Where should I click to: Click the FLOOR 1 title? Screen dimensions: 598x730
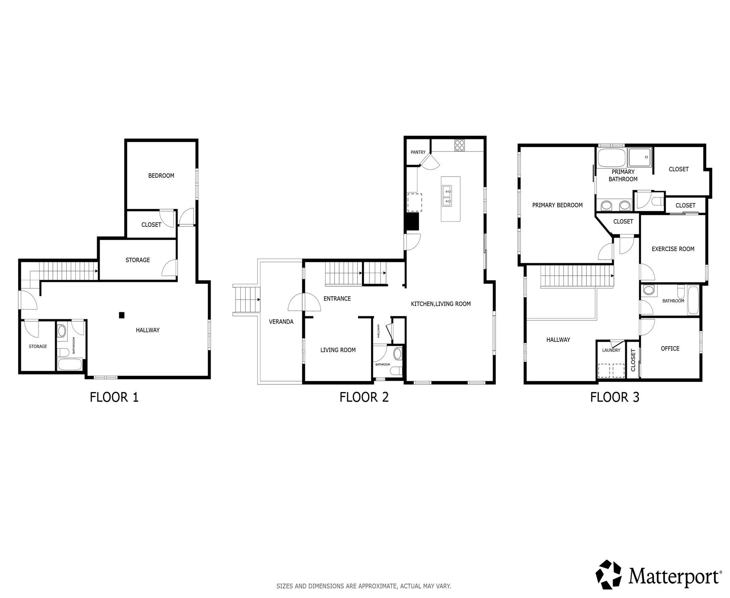(114, 397)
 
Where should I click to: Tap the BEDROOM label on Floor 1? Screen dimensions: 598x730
(161, 176)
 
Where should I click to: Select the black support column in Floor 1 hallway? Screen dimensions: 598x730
(122, 315)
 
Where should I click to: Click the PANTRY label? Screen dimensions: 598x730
(418, 152)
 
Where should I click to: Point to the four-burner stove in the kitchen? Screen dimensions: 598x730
(459, 145)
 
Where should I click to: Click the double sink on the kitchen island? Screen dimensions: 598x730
(447, 196)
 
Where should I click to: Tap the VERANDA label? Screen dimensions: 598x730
(281, 322)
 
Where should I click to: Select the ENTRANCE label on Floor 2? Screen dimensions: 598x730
(337, 299)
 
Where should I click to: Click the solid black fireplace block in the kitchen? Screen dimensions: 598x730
(412, 222)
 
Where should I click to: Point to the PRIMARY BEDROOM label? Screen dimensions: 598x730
(557, 205)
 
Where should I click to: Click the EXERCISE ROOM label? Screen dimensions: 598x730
(673, 249)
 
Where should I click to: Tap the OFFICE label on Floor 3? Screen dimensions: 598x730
(670, 348)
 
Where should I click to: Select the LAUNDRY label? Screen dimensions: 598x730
(611, 350)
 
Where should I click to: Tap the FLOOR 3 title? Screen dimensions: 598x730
(614, 397)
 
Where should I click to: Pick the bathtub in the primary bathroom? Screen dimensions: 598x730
(611, 158)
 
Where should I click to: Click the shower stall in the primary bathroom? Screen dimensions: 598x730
(640, 157)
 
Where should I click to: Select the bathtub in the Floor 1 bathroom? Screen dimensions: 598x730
(70, 365)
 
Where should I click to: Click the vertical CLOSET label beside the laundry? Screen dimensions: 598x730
(633, 360)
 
